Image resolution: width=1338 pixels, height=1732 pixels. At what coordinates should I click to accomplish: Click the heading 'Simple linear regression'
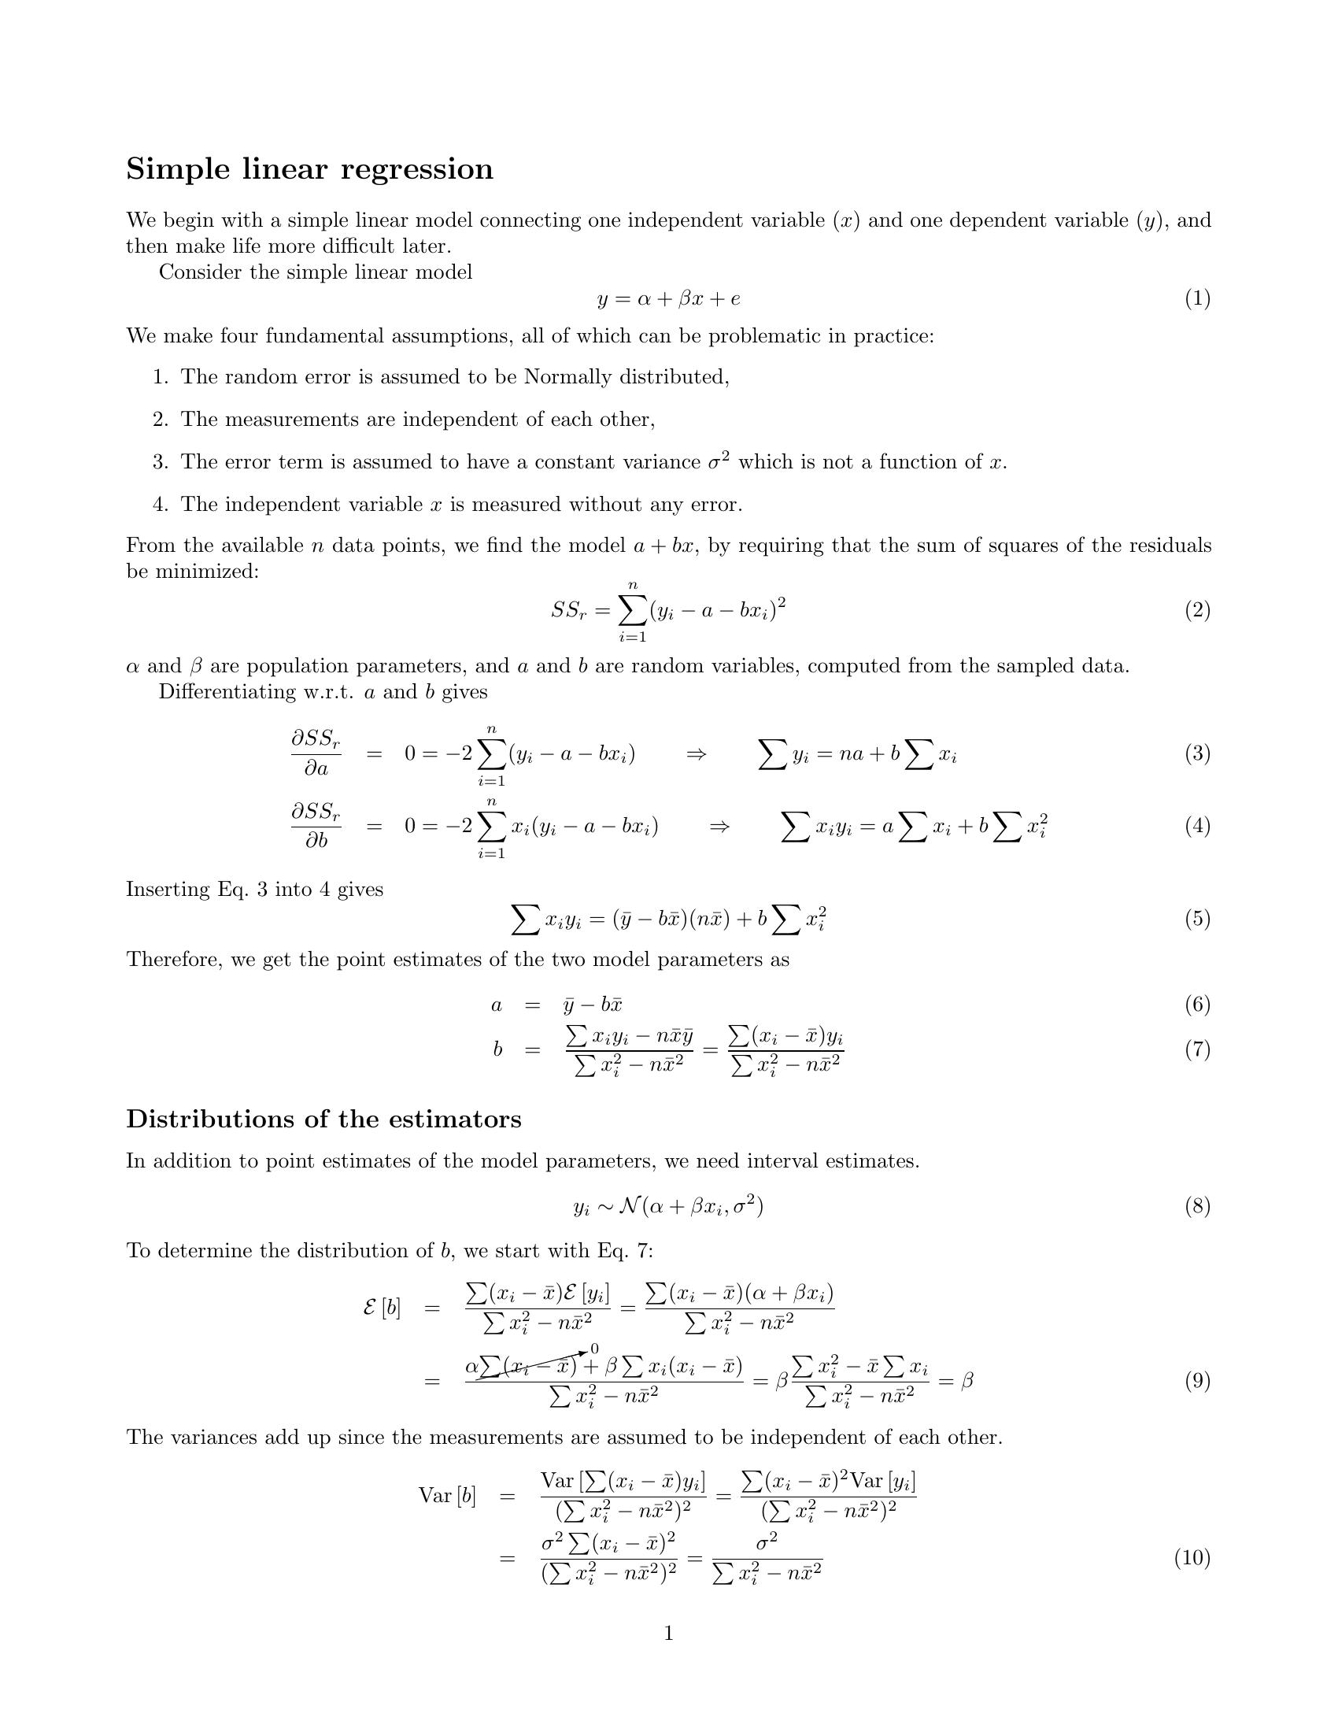point(309,169)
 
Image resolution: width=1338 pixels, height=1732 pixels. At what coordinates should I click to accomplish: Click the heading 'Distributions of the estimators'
point(323,1119)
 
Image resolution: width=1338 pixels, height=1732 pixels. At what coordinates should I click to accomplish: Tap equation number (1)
point(1197,298)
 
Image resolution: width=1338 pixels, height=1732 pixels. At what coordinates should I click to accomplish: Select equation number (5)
point(1197,918)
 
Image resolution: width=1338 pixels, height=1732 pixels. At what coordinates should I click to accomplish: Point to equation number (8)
point(1197,1206)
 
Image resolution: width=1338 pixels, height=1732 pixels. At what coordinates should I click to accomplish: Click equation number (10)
point(1192,1557)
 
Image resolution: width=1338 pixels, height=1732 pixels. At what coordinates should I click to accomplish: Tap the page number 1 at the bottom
point(668,1633)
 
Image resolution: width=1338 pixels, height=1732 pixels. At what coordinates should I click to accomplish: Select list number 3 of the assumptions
point(160,461)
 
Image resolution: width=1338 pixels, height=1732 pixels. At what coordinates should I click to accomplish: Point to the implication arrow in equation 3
point(695,753)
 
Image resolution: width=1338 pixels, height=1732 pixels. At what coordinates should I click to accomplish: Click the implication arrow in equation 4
point(718,827)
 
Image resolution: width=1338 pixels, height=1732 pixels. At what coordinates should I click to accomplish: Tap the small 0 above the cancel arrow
point(594,1349)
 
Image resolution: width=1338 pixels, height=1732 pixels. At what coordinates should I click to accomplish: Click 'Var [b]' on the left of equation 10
point(447,1496)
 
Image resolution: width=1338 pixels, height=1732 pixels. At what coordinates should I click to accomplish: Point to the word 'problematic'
point(764,336)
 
